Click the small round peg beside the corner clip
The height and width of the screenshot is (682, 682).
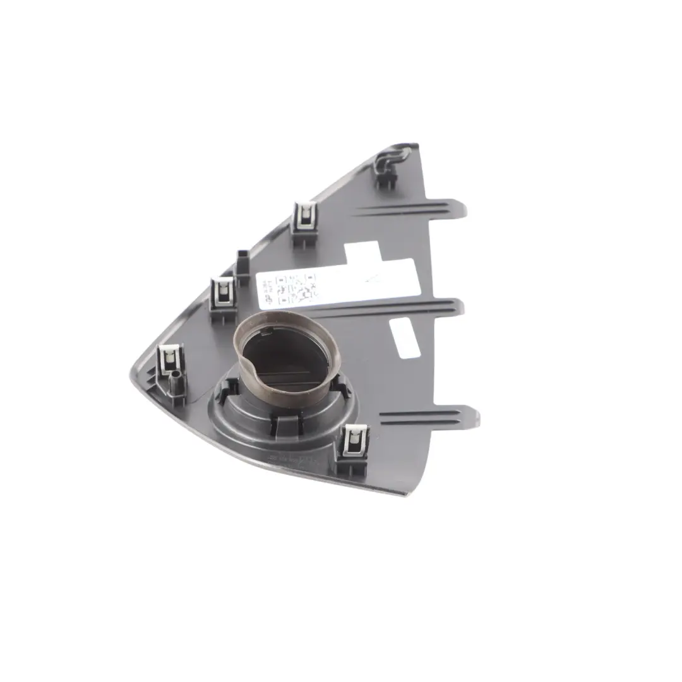176,381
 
